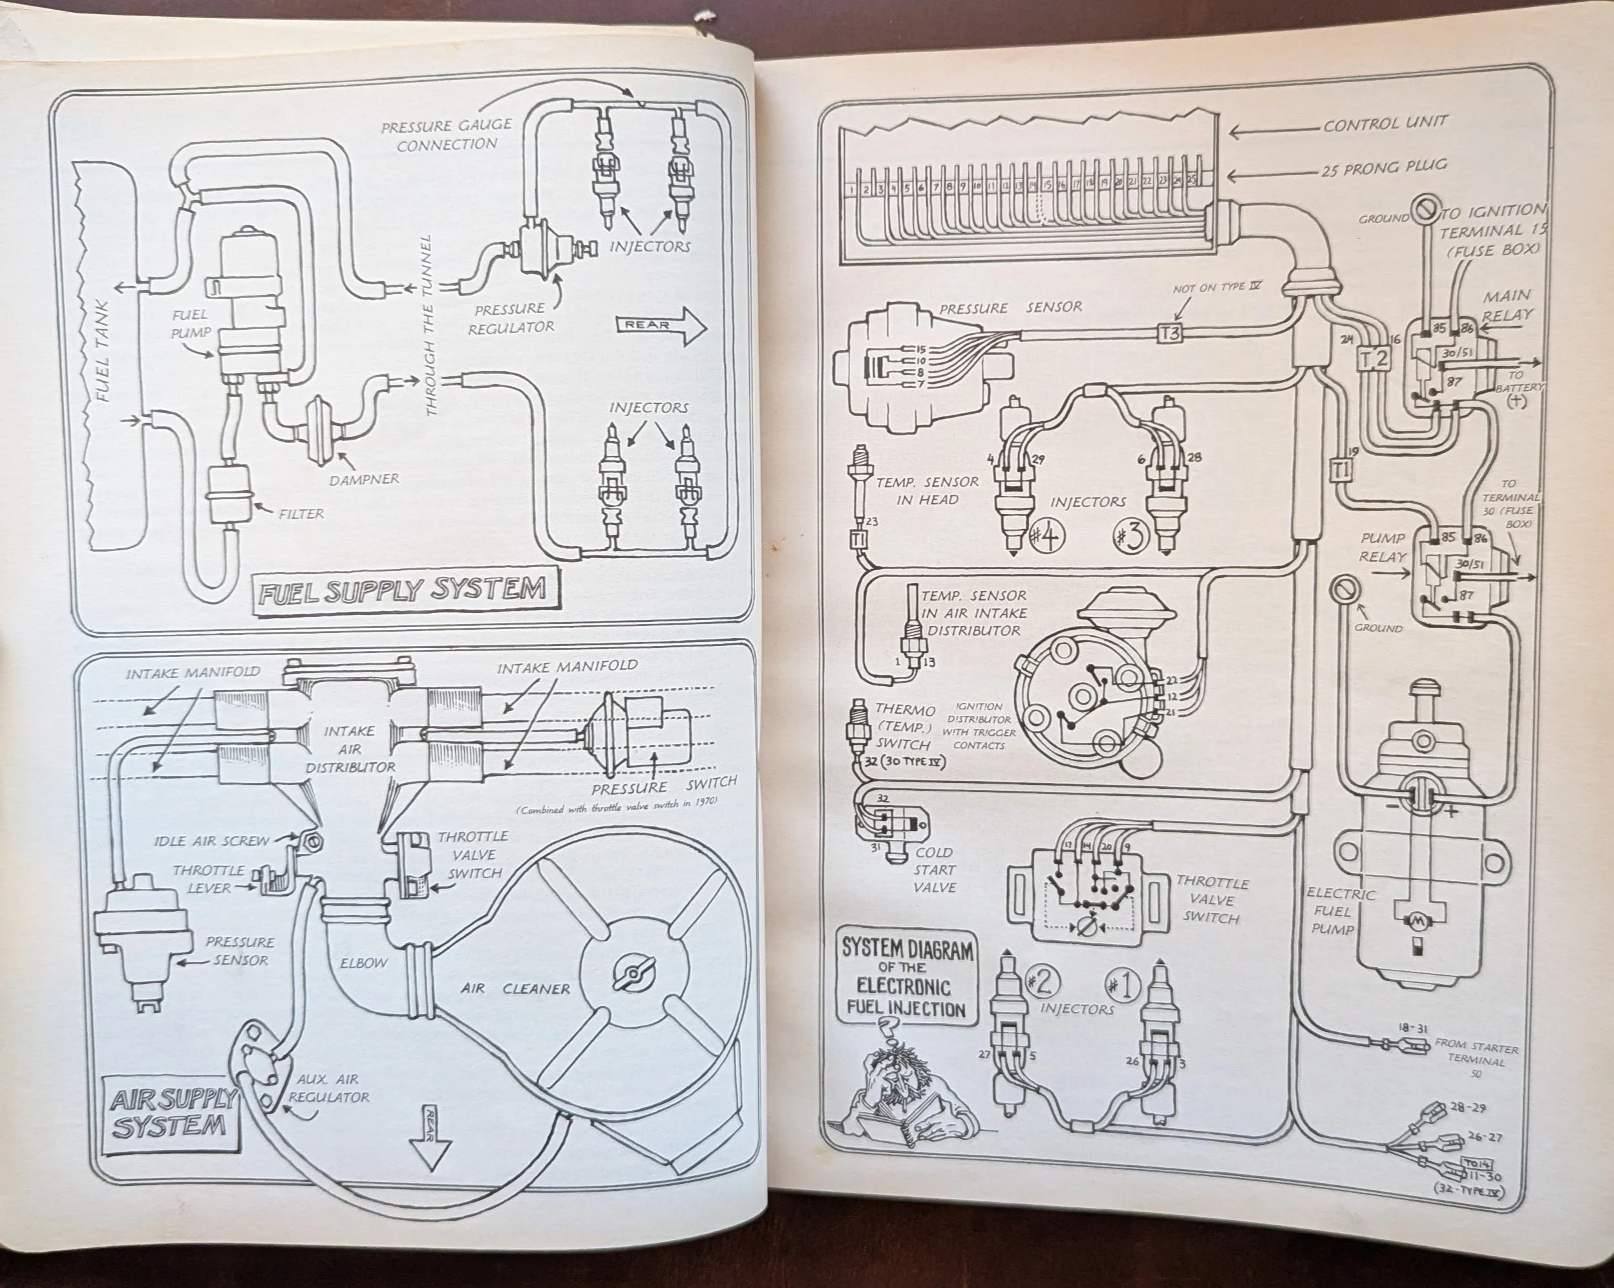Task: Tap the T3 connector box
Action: click(x=1169, y=332)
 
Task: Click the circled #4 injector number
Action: click(x=1046, y=539)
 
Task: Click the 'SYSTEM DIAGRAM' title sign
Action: click(x=908, y=980)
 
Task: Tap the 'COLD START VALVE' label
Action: click(x=933, y=870)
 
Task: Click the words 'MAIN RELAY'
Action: click(x=1506, y=305)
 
